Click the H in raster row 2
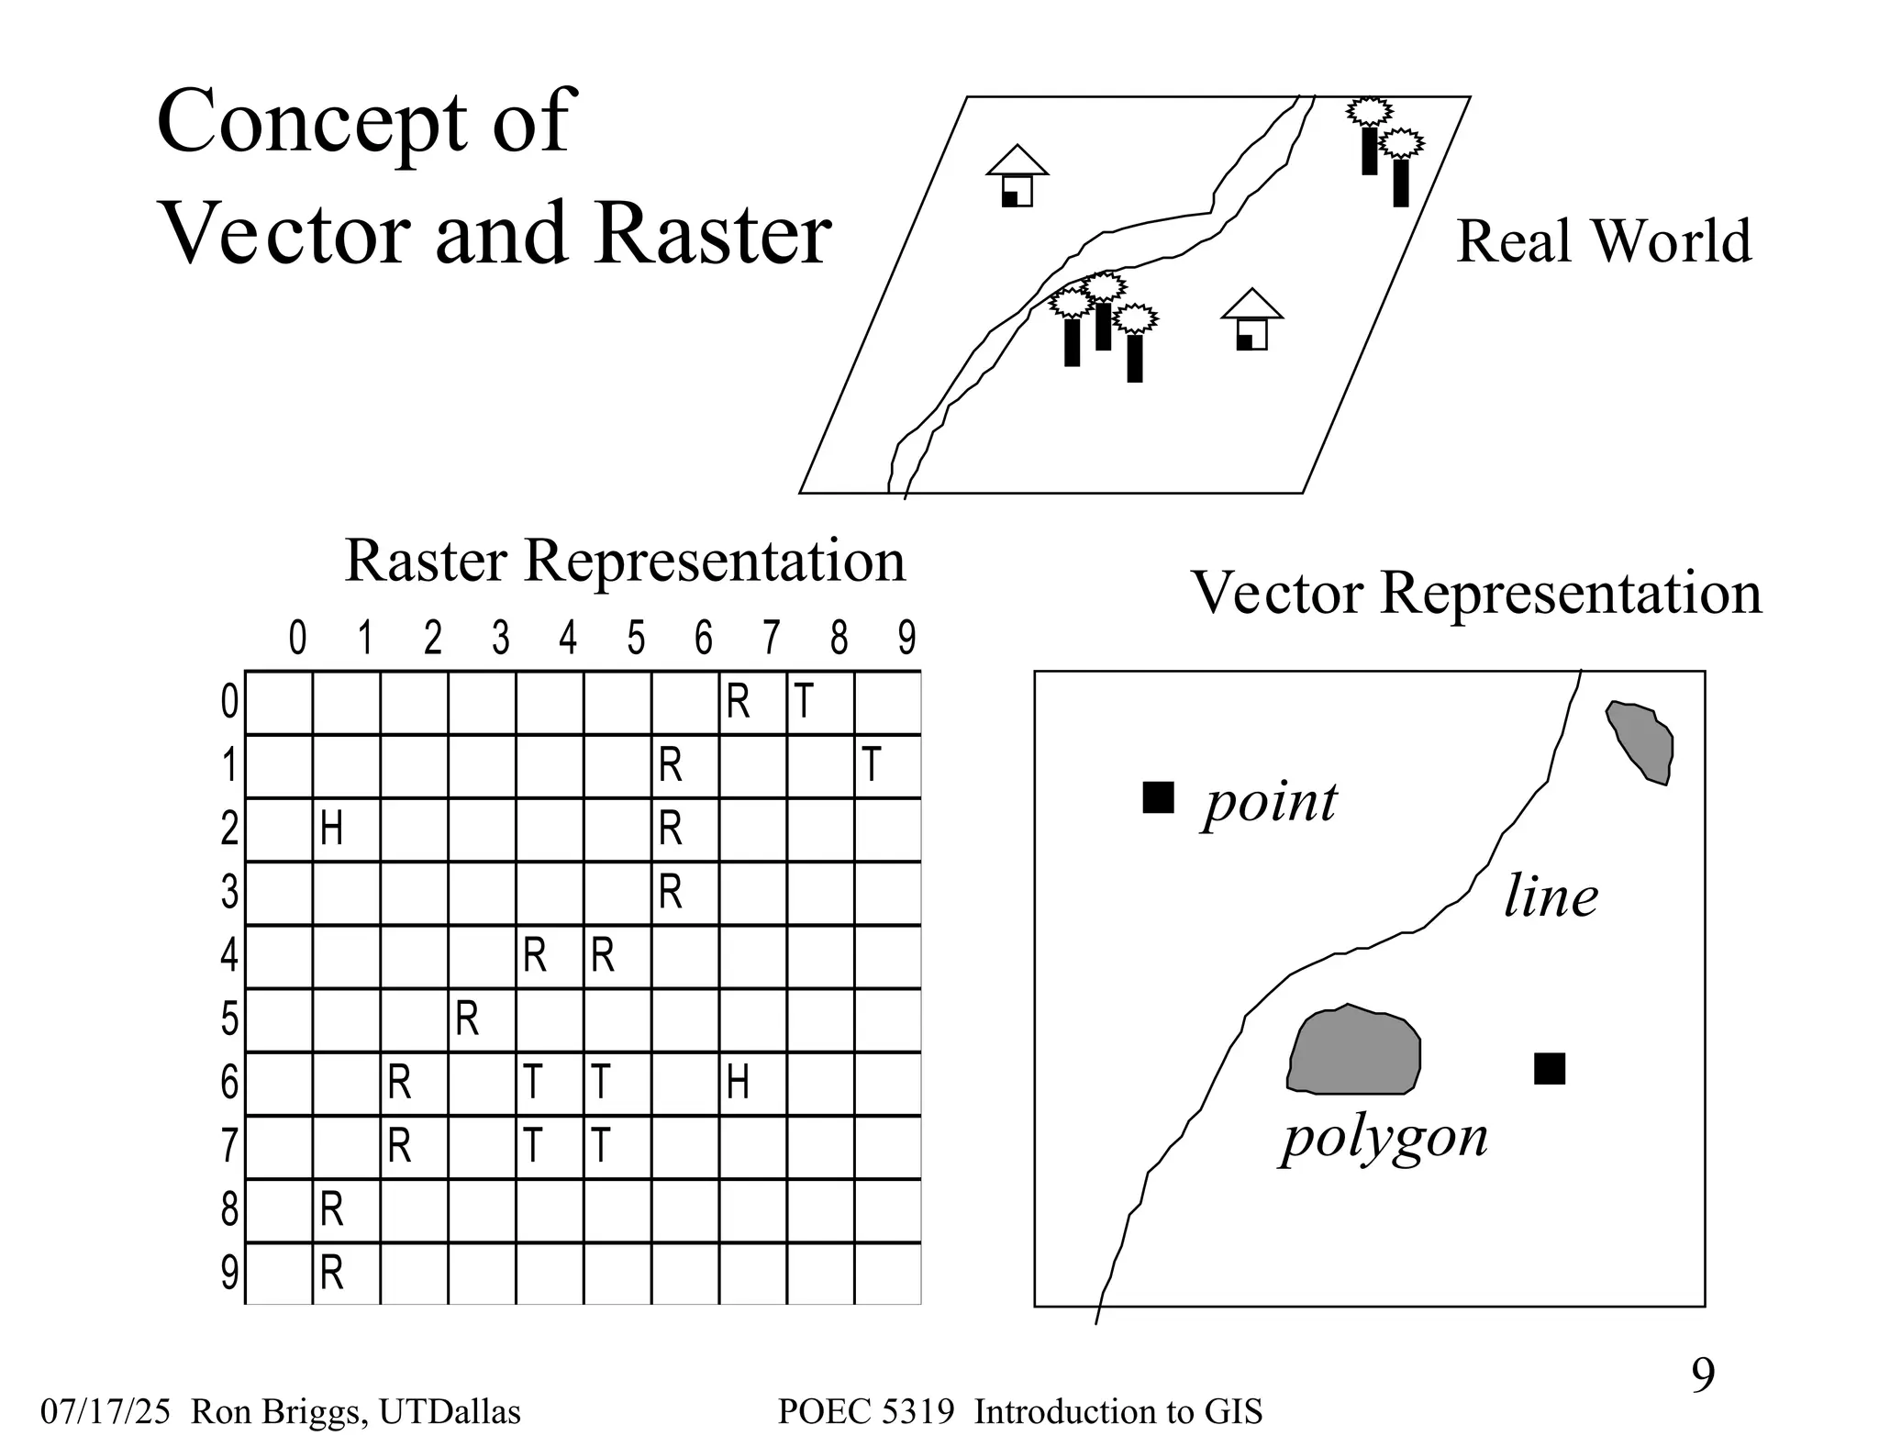point(331,829)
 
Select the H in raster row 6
point(738,1083)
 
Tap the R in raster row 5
point(467,1019)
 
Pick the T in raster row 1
point(872,765)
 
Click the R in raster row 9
point(331,1274)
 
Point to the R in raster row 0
point(738,703)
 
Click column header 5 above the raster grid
point(636,639)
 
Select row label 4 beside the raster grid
point(228,956)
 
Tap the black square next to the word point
point(1158,797)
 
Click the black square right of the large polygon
point(1550,1068)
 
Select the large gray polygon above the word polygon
point(1355,1052)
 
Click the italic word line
point(1551,897)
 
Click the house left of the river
point(1017,177)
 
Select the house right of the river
point(1251,320)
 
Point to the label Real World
point(1604,241)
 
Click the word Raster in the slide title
point(712,234)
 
